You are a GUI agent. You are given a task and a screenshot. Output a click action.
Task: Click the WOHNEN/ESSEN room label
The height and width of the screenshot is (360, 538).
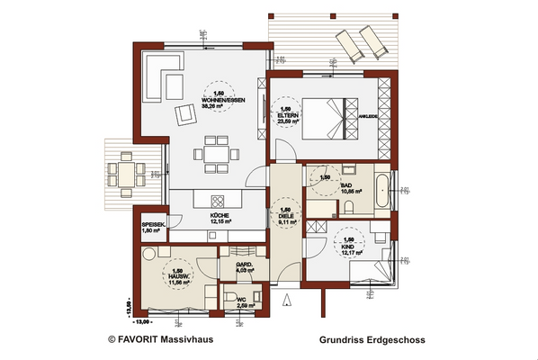click(x=219, y=100)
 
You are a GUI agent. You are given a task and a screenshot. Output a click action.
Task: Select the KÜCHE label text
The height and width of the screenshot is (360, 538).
click(x=220, y=217)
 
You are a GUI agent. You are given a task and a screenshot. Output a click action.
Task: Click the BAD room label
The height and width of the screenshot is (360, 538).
click(x=346, y=186)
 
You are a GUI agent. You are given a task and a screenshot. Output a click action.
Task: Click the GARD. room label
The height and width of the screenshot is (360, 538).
click(x=244, y=263)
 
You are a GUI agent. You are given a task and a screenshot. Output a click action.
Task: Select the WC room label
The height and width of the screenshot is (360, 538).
click(x=243, y=303)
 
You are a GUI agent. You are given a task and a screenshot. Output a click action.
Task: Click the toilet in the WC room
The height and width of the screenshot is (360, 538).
click(x=232, y=301)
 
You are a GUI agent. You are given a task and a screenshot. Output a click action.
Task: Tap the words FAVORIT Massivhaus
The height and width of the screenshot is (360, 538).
click(x=166, y=341)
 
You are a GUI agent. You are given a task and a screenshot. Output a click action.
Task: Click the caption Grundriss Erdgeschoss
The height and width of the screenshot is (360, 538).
click(x=372, y=341)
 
